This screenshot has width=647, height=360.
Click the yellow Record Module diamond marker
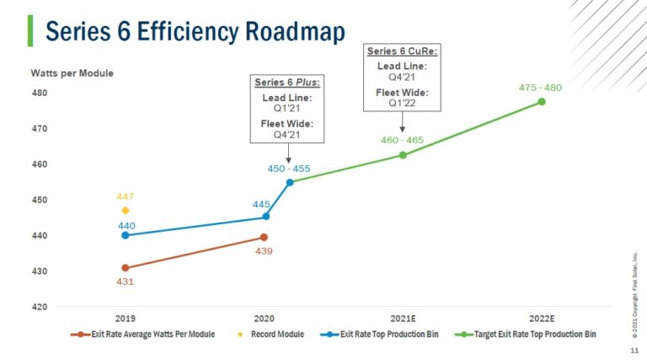pyautogui.click(x=125, y=211)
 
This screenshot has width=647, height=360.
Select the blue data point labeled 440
pyautogui.click(x=125, y=235)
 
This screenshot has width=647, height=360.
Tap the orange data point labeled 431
pyautogui.click(x=125, y=268)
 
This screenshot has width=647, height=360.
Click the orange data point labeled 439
pyautogui.click(x=264, y=238)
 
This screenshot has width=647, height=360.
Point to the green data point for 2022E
pyautogui.click(x=542, y=102)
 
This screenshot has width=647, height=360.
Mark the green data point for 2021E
pyautogui.click(x=403, y=155)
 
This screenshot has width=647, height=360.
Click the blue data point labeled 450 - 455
pyautogui.click(x=290, y=182)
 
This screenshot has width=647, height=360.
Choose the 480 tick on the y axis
pyautogui.click(x=39, y=93)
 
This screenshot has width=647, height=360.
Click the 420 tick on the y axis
pyautogui.click(x=39, y=307)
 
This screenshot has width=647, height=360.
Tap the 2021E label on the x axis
pyautogui.click(x=403, y=320)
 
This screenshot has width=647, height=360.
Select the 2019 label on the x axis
pyautogui.click(x=125, y=320)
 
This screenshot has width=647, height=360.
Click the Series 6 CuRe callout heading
pyautogui.click(x=402, y=52)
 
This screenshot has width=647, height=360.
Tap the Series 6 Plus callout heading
pyautogui.click(x=288, y=83)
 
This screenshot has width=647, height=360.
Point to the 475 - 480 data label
pyautogui.click(x=541, y=88)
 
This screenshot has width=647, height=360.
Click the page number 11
pyautogui.click(x=634, y=348)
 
